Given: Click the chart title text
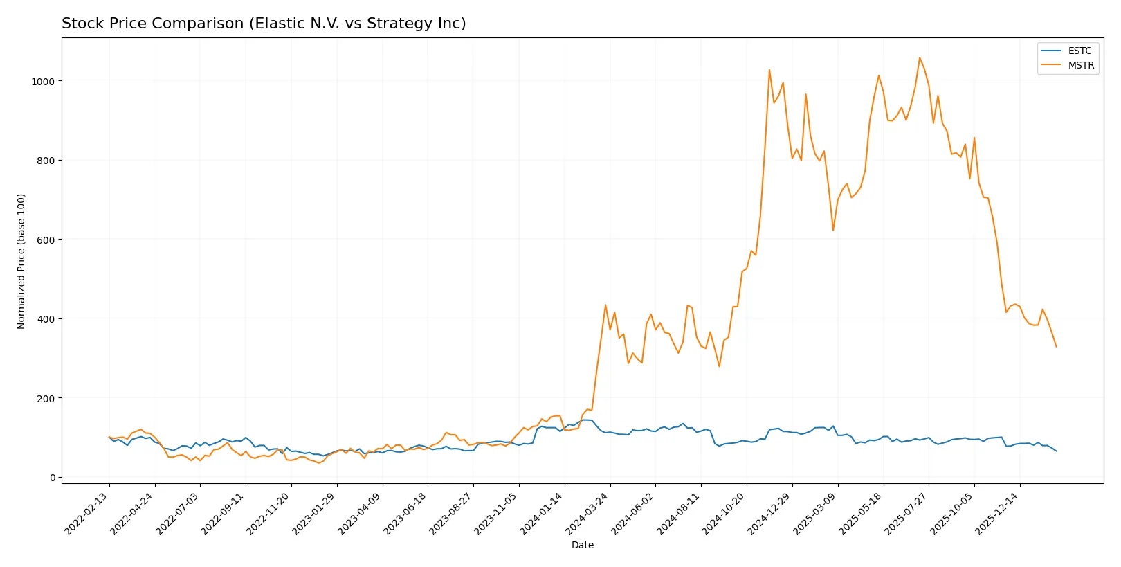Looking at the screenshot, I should coord(264,24).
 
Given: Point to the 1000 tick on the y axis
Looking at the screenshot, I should coord(43,81).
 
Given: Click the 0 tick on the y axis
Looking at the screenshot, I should coord(52,478).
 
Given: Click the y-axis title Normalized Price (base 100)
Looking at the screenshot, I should coord(21,261).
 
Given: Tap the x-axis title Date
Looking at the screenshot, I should coord(582,545).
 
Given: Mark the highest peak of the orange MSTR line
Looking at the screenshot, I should coord(920,57).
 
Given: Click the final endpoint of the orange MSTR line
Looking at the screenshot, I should coord(1056,346).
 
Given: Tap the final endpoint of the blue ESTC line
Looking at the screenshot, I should coord(1056,451).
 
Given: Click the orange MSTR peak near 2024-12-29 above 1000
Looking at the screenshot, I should coord(769,69).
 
